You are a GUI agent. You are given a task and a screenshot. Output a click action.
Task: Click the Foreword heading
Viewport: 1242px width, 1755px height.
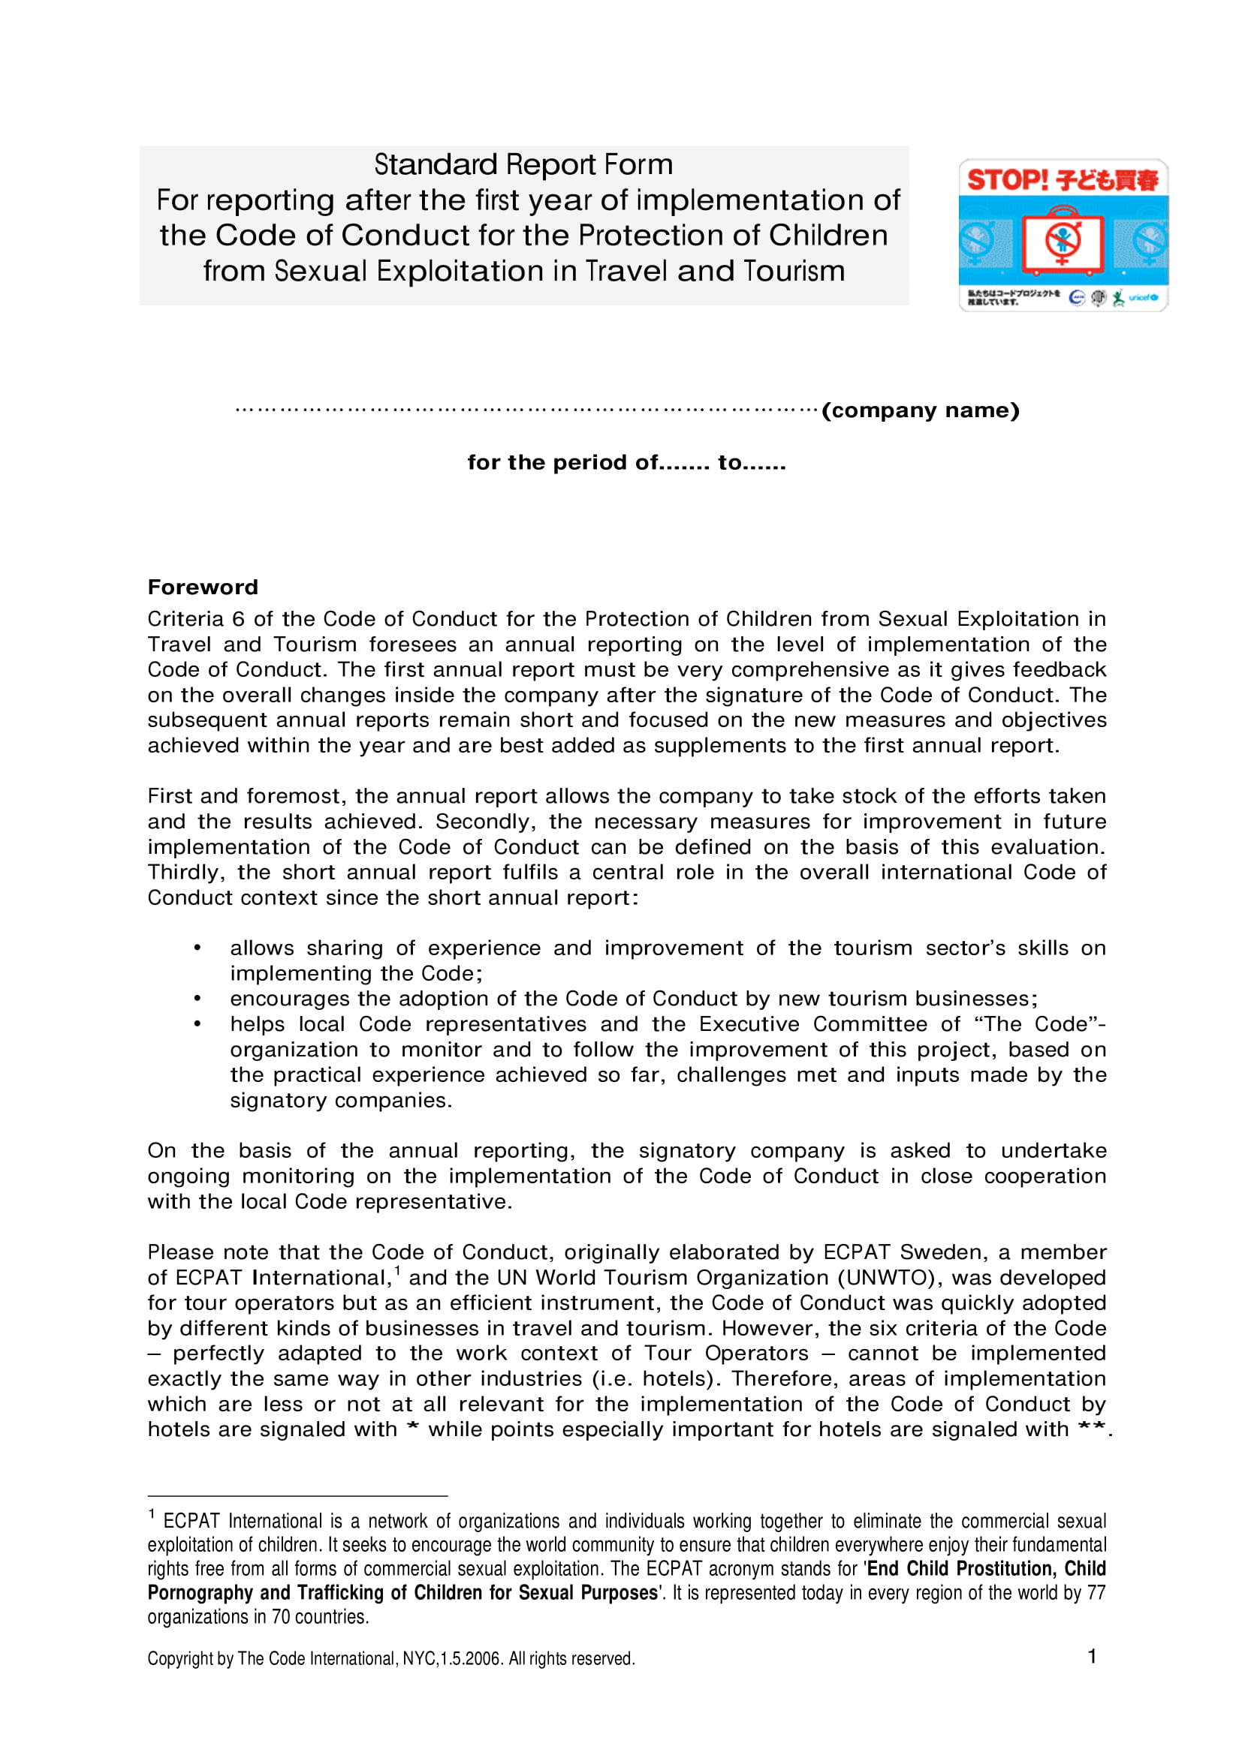[x=203, y=587]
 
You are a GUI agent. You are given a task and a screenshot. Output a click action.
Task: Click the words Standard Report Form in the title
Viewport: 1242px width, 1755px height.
[x=523, y=164]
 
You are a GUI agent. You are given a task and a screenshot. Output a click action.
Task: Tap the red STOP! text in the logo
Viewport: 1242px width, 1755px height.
[x=1007, y=179]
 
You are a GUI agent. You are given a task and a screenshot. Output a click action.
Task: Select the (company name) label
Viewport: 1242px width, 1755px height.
[x=920, y=410]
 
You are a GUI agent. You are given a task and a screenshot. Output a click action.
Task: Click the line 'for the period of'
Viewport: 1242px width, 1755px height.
[x=626, y=462]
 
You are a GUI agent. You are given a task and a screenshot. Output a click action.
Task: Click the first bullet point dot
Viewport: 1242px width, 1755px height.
[x=197, y=948]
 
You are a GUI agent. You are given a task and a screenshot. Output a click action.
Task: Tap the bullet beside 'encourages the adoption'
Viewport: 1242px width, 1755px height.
[x=197, y=998]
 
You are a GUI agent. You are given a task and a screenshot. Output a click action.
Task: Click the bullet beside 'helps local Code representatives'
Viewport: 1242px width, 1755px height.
[x=197, y=1023]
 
